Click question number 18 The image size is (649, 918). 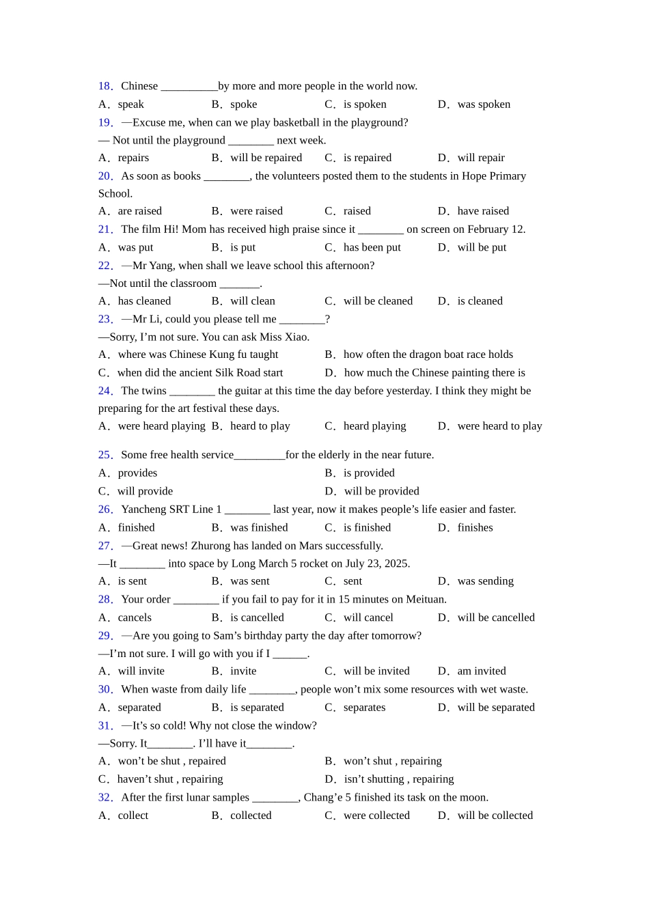[x=105, y=86]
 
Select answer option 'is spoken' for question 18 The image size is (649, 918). [x=365, y=105]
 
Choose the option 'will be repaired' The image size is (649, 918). [x=266, y=158]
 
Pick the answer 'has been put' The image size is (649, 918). [x=372, y=247]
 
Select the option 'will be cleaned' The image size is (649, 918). [x=378, y=301]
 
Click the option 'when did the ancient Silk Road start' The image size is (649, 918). [x=199, y=373]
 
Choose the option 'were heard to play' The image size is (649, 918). [x=499, y=426]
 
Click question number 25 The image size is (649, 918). [x=105, y=455]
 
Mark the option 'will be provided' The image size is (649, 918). [x=381, y=491]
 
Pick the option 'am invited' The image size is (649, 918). [x=482, y=671]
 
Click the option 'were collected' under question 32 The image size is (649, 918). [x=376, y=816]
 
